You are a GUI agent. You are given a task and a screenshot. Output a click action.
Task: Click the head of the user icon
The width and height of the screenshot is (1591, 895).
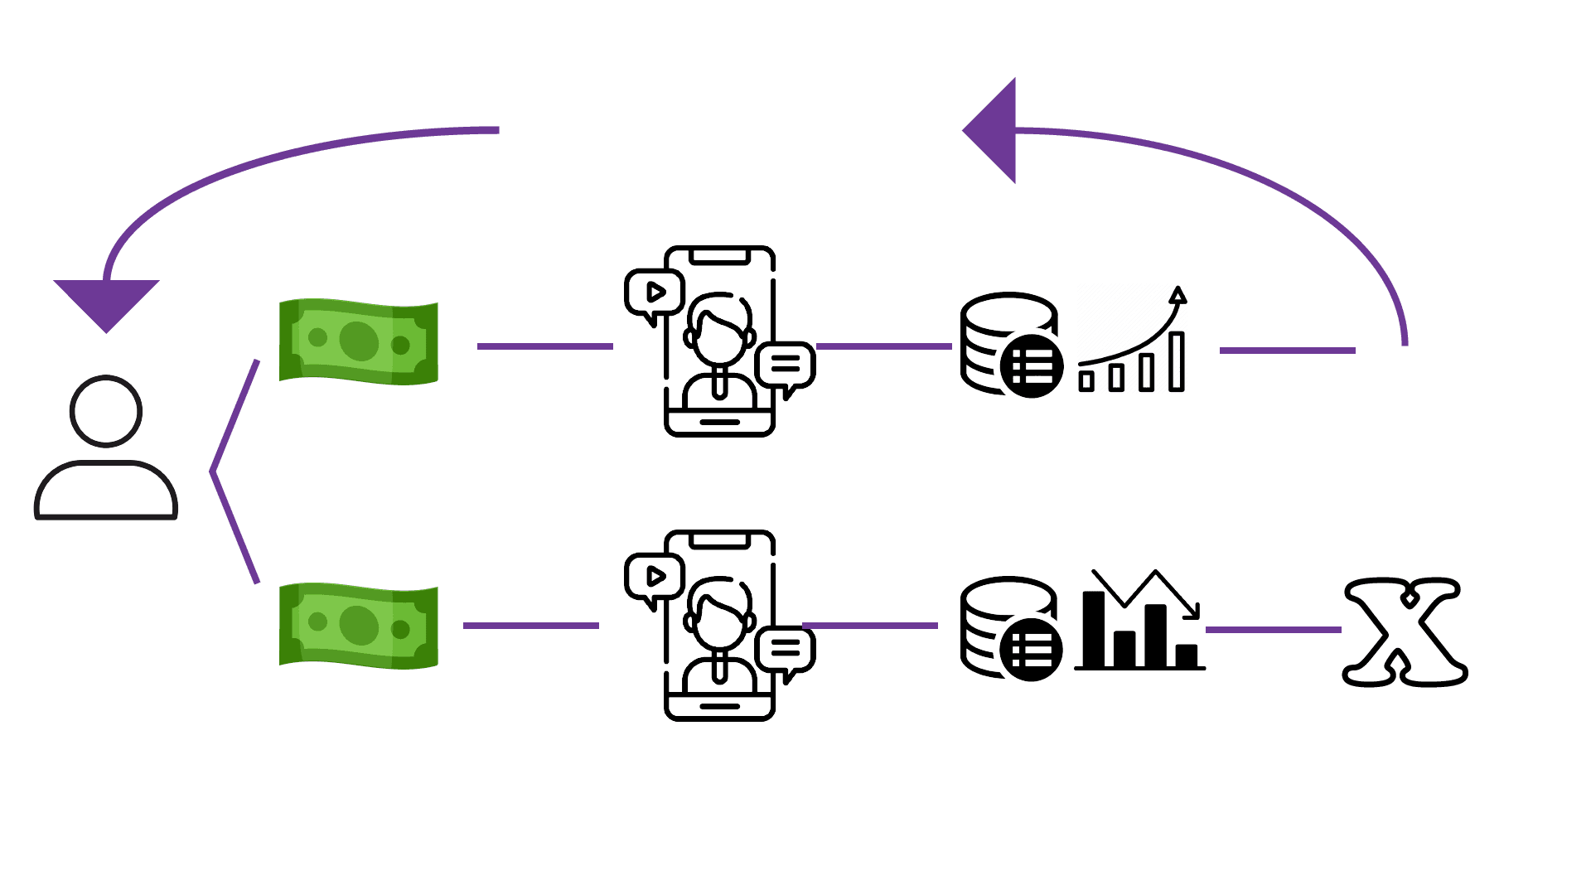point(106,411)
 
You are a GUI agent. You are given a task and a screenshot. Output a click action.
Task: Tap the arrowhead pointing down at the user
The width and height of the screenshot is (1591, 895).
point(106,302)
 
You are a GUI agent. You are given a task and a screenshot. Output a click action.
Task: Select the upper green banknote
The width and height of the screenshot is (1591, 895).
point(359,341)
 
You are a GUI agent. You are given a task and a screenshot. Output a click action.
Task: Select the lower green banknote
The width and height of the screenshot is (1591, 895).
point(359,625)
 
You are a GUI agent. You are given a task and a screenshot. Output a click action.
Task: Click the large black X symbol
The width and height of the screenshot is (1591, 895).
point(1404,631)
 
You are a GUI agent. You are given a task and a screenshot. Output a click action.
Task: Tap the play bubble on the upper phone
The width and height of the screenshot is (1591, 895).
point(653,293)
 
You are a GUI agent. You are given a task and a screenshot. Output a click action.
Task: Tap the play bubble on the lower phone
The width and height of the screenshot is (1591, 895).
point(653,577)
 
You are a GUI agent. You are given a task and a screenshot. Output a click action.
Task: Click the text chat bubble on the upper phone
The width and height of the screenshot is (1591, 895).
point(786,365)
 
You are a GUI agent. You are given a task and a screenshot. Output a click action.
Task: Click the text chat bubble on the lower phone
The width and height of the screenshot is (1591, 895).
point(786,649)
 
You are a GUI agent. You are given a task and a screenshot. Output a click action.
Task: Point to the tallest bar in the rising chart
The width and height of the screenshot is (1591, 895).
point(1177,361)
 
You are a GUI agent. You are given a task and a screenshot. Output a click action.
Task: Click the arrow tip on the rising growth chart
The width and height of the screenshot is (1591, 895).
point(1178,294)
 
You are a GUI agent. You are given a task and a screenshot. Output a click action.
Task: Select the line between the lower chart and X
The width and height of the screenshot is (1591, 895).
point(1273,630)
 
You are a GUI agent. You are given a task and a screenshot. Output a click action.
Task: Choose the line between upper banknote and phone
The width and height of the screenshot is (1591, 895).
point(544,346)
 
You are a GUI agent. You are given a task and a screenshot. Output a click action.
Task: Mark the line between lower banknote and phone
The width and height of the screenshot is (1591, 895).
point(530,626)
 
